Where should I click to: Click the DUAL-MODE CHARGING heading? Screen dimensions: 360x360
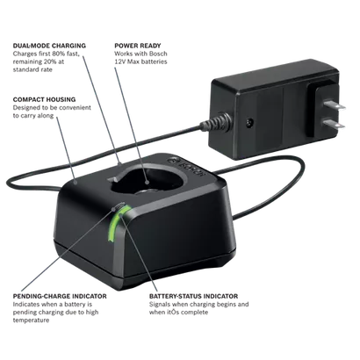tap(49, 46)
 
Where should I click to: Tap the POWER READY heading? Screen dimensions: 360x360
tap(138, 46)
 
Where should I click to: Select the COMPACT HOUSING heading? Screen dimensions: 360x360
tap(44, 99)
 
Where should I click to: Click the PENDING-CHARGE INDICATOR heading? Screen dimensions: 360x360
tap(60, 296)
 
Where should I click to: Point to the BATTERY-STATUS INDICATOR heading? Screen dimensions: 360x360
tap(193, 296)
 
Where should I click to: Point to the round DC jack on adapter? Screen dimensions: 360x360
tap(250, 121)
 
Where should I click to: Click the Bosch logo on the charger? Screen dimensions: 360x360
tap(186, 169)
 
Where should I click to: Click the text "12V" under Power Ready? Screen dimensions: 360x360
tap(120, 61)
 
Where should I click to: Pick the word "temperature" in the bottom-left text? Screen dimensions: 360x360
tap(31, 320)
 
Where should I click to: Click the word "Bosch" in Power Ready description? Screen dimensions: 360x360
tap(158, 54)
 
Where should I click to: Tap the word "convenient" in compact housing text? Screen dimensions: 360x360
tap(75, 108)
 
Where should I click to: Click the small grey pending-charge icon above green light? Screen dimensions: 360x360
tap(119, 205)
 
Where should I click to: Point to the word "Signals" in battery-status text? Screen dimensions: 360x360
tap(160, 305)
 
